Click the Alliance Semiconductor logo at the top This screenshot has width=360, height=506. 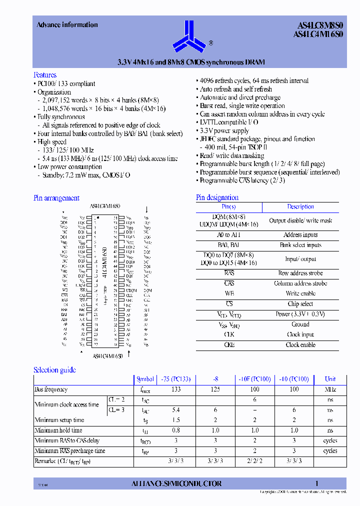(188, 35)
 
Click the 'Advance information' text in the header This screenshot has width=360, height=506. (67, 25)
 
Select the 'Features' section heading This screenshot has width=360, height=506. (45, 75)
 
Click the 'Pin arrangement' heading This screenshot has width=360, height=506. (56, 198)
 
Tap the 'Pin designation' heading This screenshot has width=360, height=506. (217, 197)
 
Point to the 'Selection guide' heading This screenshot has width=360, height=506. (54, 370)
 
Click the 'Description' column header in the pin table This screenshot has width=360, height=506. (300, 206)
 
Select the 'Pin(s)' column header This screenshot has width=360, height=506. (229, 206)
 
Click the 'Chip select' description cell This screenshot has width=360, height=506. (300, 304)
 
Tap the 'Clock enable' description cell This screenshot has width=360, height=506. (300, 345)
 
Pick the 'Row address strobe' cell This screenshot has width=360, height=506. (300, 273)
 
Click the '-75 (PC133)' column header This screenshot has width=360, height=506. (176, 379)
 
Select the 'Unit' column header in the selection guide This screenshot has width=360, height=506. (330, 379)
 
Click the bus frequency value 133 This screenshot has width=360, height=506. (176, 389)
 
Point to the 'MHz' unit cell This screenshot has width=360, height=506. (330, 389)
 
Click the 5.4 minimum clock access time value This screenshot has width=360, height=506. (176, 409)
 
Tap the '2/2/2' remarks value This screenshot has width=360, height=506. (254, 460)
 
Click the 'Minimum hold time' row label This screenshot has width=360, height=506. (58, 430)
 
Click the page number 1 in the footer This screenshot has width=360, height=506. (316, 483)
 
